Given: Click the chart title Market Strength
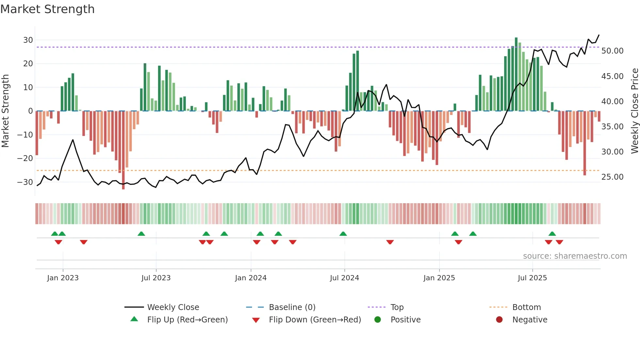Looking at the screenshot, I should (x=48, y=9).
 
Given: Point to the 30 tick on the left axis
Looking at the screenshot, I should (x=28, y=40).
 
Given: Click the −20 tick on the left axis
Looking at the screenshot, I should (x=25, y=158).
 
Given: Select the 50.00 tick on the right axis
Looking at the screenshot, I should (x=612, y=51).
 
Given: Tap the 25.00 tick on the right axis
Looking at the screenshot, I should (x=612, y=177).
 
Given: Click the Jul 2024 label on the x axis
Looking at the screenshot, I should (x=344, y=278).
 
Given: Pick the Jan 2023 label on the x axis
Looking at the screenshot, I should (x=63, y=278).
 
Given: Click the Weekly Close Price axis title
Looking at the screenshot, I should (x=634, y=111).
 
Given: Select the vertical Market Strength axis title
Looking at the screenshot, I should (x=6, y=111).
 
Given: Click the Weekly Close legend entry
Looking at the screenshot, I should (x=173, y=307).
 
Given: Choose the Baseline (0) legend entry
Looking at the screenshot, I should (x=292, y=307).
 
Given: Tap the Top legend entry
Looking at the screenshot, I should (x=397, y=307).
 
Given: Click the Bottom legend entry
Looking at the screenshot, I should (x=526, y=307).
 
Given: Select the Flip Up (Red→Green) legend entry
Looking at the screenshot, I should (x=187, y=320).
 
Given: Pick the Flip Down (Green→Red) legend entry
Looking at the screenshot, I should (x=315, y=320).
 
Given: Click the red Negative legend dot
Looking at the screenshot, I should (x=499, y=320).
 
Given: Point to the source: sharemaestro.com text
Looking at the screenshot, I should (x=575, y=256).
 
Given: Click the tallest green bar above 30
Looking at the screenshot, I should (x=516, y=74).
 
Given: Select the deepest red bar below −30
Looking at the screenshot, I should (x=123, y=150).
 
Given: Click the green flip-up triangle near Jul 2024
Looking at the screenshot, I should (x=343, y=234).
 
